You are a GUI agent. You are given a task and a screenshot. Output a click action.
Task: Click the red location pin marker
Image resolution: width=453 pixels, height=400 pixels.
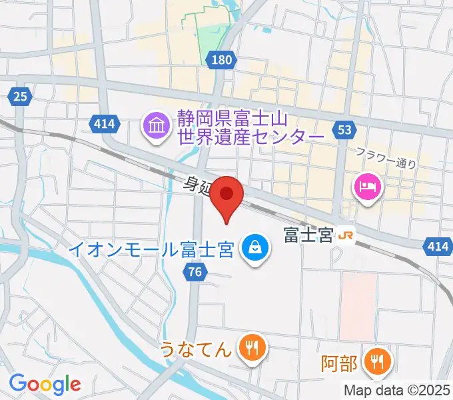(226, 195)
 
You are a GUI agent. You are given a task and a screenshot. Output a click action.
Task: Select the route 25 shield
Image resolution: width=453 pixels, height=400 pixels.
(20, 97)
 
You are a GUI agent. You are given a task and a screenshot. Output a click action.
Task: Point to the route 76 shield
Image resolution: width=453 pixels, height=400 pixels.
(195, 271)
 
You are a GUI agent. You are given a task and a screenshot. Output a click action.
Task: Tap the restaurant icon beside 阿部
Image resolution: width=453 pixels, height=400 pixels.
(378, 363)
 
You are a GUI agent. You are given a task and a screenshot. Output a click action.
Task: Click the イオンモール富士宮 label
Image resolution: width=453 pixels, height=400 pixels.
(151, 251)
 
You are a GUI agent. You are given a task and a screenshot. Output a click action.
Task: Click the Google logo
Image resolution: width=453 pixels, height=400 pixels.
(45, 384)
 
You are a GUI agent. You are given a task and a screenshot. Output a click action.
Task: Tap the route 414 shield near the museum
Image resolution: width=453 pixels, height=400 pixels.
(104, 123)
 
